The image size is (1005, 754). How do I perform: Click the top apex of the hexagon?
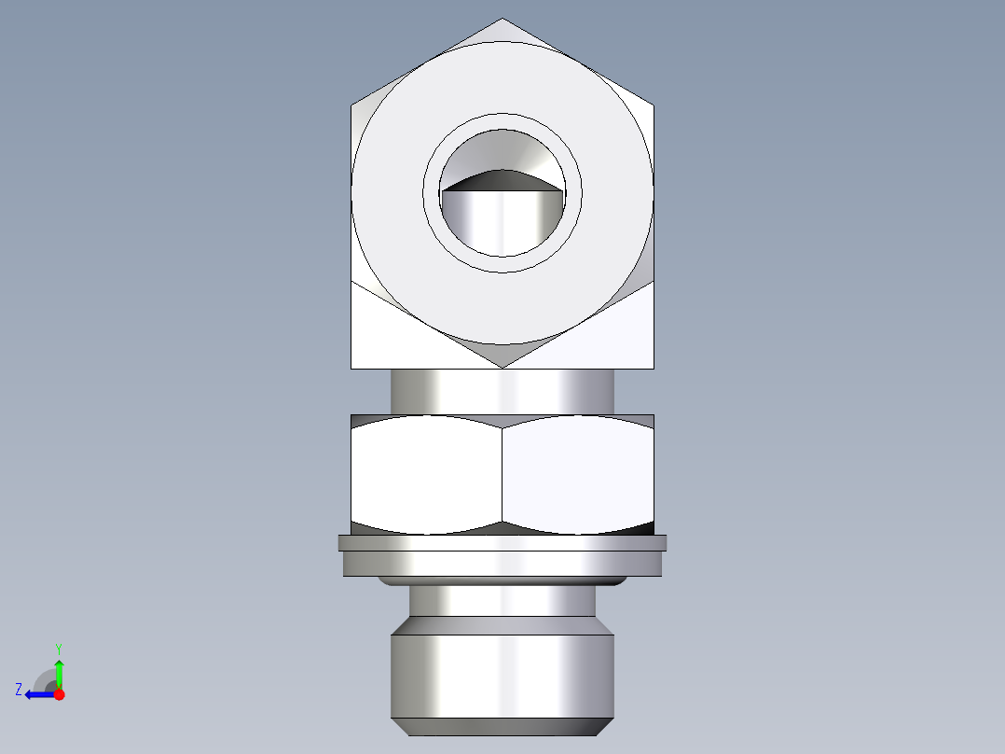[x=502, y=21]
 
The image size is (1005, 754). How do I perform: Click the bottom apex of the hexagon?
[x=502, y=365]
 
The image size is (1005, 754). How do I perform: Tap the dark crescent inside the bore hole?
[x=502, y=180]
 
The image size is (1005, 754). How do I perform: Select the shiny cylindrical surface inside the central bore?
[x=502, y=224]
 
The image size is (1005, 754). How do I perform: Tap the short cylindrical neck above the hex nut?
[x=502, y=391]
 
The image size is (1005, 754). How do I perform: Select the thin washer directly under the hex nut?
[x=502, y=542]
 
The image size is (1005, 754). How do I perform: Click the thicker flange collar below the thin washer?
[x=502, y=563]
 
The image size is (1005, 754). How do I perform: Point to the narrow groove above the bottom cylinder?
[x=502, y=601]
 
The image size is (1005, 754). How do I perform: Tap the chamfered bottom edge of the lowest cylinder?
[x=502, y=726]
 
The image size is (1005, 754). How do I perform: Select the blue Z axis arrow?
[x=37, y=694]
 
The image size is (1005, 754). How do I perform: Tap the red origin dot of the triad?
[x=59, y=694]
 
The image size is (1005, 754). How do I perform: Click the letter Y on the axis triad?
[x=59, y=649]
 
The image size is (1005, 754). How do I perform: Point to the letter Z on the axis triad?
[x=19, y=690]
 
